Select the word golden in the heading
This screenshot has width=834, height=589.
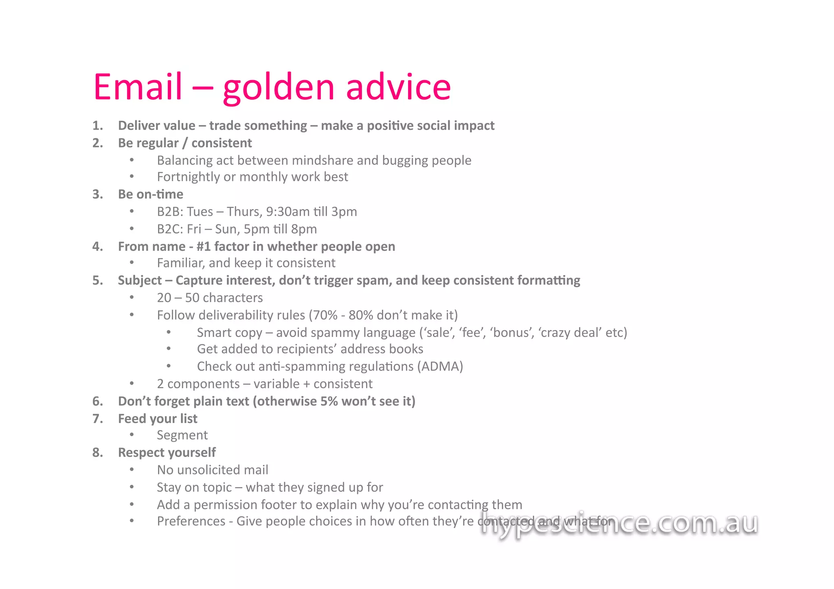coord(279,88)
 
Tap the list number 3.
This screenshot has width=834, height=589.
coord(97,194)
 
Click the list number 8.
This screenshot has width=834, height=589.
coord(97,452)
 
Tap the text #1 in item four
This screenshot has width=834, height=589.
coord(203,247)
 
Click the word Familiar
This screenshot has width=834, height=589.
coord(181,263)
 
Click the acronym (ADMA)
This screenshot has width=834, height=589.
coord(440,366)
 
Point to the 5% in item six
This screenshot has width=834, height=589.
coord(329,401)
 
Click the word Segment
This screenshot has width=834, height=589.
coord(182,436)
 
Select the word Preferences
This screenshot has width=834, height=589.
coord(191,521)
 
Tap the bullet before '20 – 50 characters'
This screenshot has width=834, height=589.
coord(132,298)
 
